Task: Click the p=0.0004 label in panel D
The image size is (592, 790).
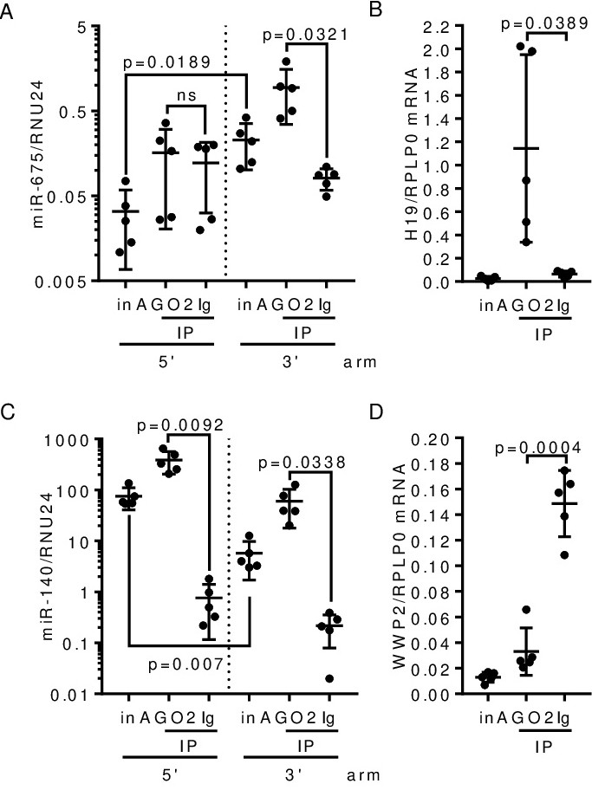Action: [x=525, y=448]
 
